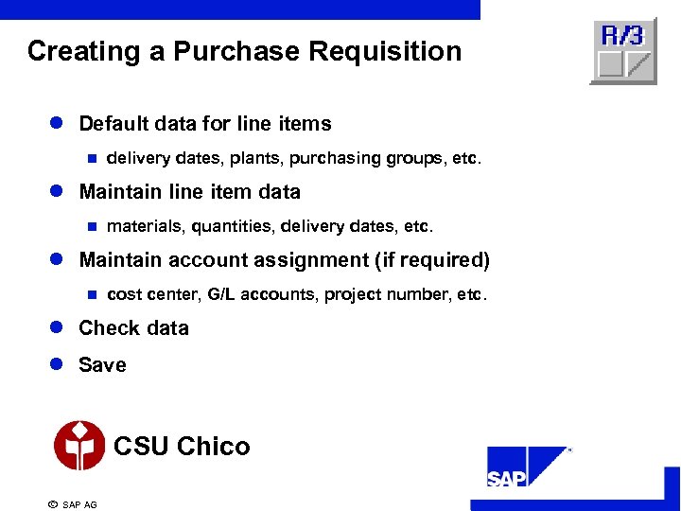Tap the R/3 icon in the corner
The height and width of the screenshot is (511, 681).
coord(623,50)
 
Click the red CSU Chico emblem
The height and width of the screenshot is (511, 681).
coord(79,446)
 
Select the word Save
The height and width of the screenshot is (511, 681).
coord(102,365)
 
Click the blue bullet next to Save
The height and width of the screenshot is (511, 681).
coord(56,365)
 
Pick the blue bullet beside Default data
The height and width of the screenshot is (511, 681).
coord(56,124)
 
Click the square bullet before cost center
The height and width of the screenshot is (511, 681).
coord(92,295)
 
